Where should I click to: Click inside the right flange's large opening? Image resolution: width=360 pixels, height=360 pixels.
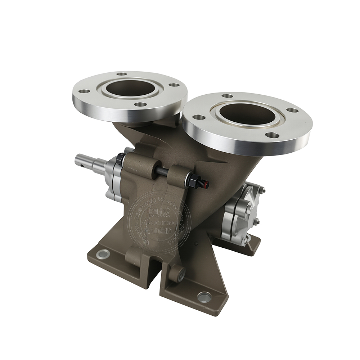[x=248, y=114]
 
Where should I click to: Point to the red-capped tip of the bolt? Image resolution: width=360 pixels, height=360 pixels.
[x=206, y=184]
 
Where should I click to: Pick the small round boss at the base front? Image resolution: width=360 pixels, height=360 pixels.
[x=177, y=275]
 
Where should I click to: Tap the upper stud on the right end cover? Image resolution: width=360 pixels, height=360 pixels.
[x=263, y=191]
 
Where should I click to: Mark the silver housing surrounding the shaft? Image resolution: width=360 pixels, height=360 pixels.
[x=112, y=178]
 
